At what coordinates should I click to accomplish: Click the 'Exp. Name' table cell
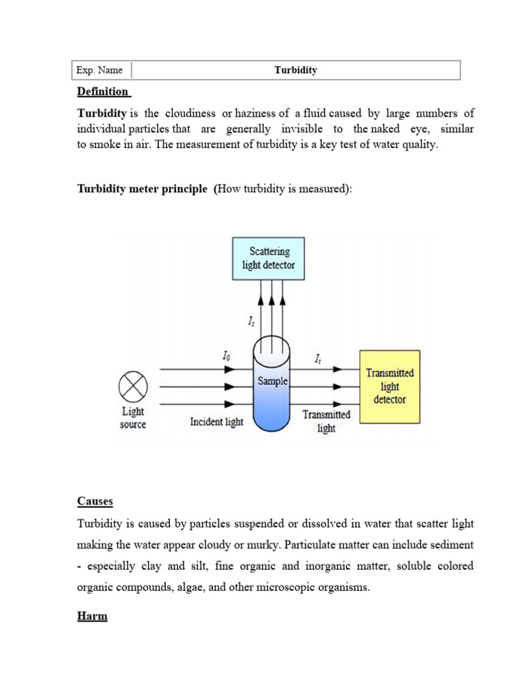[x=100, y=70]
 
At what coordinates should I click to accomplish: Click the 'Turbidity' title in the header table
[x=295, y=70]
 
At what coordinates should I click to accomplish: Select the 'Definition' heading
[x=102, y=91]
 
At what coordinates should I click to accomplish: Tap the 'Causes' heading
[x=95, y=501]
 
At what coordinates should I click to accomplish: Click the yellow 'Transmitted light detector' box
[x=390, y=386]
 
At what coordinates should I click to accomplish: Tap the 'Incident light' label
[x=216, y=422]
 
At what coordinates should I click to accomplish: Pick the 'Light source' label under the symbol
[x=133, y=418]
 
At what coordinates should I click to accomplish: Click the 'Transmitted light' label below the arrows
[x=326, y=421]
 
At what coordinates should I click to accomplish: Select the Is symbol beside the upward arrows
[x=251, y=318]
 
